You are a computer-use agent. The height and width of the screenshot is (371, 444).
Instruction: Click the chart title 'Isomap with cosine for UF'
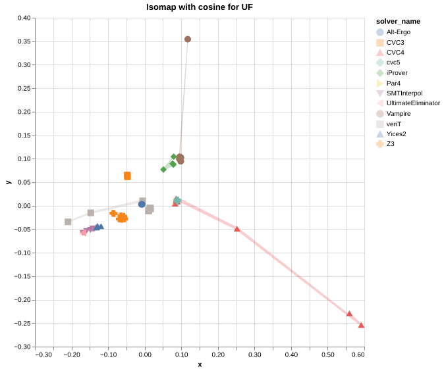pos(199,7)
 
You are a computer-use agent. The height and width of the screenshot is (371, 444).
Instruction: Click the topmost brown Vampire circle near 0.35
pos(188,39)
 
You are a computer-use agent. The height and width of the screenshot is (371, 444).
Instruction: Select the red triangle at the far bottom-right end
pos(361,325)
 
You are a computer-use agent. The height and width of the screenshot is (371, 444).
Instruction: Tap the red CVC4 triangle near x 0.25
pos(237,229)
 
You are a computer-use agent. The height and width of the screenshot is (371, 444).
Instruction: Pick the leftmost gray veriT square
pos(68,222)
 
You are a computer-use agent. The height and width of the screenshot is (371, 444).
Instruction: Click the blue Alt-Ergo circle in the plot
pos(142,204)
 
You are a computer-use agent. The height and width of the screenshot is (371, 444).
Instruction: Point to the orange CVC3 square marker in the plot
pos(127,176)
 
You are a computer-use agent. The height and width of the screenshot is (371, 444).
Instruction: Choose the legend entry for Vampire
pos(399,114)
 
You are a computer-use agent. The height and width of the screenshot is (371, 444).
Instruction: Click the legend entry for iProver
pos(398,73)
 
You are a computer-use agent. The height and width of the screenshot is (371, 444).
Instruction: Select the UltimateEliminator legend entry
pos(413,103)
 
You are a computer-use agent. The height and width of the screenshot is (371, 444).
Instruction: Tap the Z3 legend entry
pos(391,144)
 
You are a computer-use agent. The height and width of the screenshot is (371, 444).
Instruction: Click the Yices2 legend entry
pos(396,134)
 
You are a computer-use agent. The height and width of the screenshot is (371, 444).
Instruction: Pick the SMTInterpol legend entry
pos(404,93)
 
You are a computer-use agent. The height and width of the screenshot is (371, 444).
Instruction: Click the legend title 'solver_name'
pos(393,21)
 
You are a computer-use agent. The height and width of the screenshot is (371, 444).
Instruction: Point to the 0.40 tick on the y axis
pos(24,18)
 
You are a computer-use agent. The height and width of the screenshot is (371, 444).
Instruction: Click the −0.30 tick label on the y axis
pos(22,347)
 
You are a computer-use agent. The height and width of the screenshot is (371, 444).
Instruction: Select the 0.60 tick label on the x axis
pos(359,355)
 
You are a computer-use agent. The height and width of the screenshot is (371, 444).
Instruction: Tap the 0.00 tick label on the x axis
pos(145,355)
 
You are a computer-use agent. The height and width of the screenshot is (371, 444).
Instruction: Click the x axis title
pos(200,364)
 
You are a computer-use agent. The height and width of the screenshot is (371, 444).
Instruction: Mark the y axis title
pos(8,182)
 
